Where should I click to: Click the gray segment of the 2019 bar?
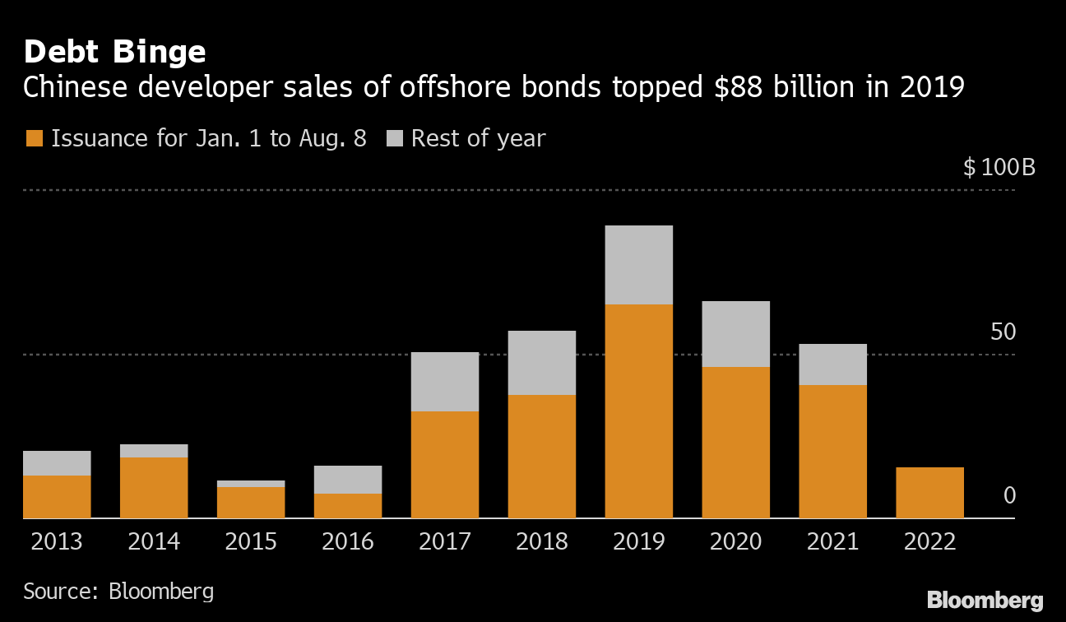(638, 265)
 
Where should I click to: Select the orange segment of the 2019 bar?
(638, 411)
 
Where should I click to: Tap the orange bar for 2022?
(929, 492)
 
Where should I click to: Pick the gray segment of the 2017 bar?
(444, 382)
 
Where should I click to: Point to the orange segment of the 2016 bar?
(347, 505)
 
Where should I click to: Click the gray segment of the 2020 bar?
(735, 334)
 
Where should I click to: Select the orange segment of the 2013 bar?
(57, 496)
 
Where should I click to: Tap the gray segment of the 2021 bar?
(832, 364)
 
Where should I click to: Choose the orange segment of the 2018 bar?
(541, 456)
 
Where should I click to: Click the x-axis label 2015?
(251, 541)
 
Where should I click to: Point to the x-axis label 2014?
(154, 541)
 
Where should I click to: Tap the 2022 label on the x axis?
(929, 541)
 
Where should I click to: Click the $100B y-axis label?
(999, 169)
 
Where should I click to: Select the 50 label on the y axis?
(1003, 332)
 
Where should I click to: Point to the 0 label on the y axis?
(1009, 496)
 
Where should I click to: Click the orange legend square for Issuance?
(33, 138)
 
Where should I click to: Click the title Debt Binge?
(114, 52)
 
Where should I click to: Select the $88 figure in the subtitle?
(730, 87)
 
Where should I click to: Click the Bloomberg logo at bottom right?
(985, 600)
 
